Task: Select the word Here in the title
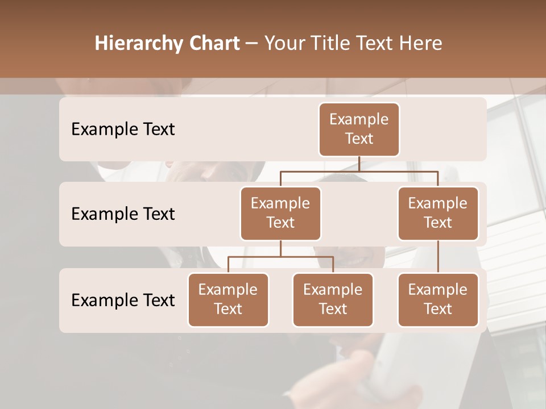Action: tap(422, 43)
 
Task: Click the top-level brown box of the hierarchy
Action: tap(359, 130)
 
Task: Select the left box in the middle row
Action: tap(280, 214)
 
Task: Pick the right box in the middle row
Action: tap(438, 214)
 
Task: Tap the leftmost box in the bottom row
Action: tap(228, 300)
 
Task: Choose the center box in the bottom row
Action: tap(333, 300)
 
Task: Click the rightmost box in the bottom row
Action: tap(438, 300)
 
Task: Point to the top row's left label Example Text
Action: tap(123, 130)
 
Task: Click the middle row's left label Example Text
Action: tap(123, 214)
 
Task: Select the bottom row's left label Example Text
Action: tap(123, 300)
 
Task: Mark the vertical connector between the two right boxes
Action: tap(438, 257)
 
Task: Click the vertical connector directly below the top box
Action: tap(359, 164)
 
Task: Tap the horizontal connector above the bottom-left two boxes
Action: tap(280, 257)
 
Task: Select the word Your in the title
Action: tap(283, 43)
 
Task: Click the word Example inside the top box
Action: tap(359, 119)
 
